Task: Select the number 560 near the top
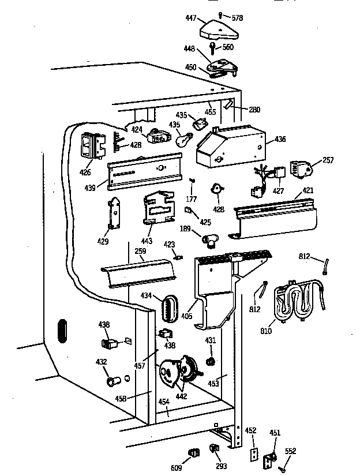pyautogui.click(x=227, y=47)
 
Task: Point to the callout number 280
pyautogui.click(x=254, y=109)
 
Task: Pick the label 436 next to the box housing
pyautogui.click(x=280, y=139)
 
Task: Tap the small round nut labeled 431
pyautogui.click(x=211, y=361)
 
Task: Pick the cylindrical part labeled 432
pyautogui.click(x=110, y=381)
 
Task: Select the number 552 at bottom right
pyautogui.click(x=291, y=451)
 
